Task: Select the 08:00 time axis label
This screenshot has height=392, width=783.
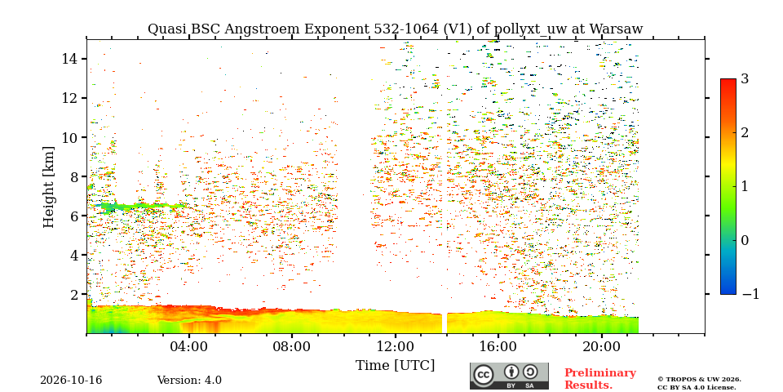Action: point(293,347)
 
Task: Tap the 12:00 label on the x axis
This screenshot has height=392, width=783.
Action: point(396,347)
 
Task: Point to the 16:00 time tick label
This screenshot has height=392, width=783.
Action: point(498,347)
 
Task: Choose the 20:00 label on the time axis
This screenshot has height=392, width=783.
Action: point(601,347)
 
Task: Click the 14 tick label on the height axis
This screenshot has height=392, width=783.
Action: point(69,59)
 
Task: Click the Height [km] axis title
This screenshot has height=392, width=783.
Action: point(48,187)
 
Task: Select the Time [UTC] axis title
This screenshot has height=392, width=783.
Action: point(395,366)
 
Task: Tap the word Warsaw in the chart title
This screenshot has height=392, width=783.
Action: point(617,29)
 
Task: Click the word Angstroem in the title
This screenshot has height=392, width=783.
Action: point(254,30)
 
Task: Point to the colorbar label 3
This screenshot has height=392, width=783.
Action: point(745,79)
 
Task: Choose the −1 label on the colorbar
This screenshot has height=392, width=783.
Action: point(750,294)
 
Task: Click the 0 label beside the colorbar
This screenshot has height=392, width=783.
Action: point(745,240)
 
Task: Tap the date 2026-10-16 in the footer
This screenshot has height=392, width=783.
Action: point(71,381)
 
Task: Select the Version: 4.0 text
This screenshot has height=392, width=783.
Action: point(189,381)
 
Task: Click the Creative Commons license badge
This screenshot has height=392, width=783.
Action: point(509,376)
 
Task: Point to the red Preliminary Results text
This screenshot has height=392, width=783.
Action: point(600,379)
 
